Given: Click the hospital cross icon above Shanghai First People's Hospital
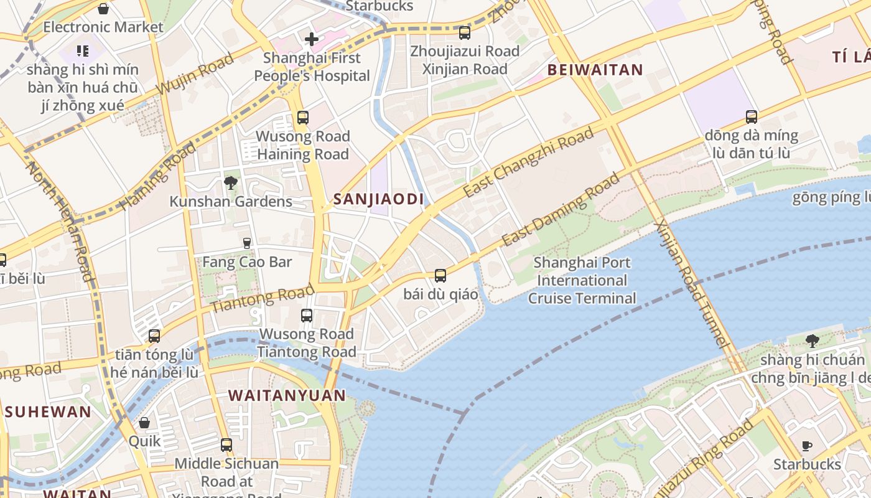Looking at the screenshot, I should tap(312, 40).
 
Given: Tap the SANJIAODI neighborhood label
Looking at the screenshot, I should tap(378, 199).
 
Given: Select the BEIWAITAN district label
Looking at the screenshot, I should tap(595, 70).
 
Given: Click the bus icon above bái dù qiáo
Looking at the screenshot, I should tap(440, 275).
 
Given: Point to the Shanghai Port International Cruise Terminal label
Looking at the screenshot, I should tap(582, 281).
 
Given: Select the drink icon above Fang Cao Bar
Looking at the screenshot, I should tap(247, 243).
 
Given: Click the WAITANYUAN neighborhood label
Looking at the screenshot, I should tap(287, 395).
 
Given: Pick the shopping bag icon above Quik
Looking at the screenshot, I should tap(144, 423).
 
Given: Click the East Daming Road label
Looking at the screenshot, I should tap(561, 209).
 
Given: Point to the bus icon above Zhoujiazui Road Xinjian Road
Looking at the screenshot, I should tap(464, 33).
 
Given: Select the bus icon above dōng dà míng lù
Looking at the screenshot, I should tap(752, 117).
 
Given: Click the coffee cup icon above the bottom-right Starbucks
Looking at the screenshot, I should tap(807, 446).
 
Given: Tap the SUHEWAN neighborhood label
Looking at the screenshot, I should tap(49, 411).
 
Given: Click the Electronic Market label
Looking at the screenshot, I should tap(103, 27).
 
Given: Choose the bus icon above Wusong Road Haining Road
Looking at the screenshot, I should tap(303, 118).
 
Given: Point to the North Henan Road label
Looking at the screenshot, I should tap(60, 221).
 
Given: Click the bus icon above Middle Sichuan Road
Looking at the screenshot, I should tap(226, 445).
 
